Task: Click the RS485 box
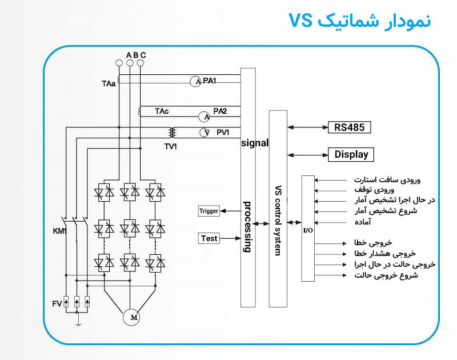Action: click(350, 127)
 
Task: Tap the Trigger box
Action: click(209, 211)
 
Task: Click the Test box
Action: click(209, 238)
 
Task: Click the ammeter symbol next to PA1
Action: click(196, 82)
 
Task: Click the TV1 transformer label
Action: click(171, 146)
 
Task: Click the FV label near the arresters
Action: click(57, 303)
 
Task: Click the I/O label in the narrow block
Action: click(307, 230)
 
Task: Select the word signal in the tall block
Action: click(255, 143)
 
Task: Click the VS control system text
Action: click(278, 220)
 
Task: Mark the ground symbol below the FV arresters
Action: click(77, 325)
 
